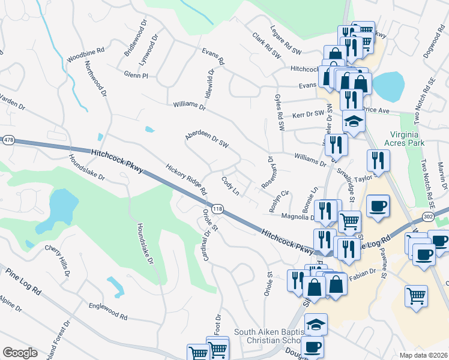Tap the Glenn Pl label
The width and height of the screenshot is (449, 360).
136,76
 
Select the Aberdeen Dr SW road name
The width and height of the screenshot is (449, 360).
207,140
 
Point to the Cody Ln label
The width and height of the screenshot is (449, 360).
231,185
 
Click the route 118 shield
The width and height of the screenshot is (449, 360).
218,209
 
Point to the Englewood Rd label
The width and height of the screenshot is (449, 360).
107,311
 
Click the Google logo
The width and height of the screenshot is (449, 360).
20,353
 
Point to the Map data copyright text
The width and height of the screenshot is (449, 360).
423,355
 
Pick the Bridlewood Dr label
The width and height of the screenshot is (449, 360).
135,40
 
